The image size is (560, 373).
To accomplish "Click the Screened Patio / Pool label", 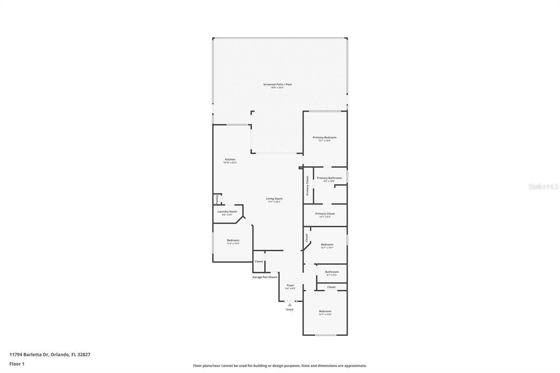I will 277,84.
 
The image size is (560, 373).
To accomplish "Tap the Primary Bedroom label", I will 324,137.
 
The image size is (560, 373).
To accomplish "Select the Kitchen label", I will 230,159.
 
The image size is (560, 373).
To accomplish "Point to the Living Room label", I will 274,199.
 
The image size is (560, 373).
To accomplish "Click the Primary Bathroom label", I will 329,178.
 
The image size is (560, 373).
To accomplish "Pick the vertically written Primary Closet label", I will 307,185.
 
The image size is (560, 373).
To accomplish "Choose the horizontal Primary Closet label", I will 325,213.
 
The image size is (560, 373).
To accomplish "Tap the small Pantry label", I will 217,199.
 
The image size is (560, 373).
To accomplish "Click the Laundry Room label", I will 227,211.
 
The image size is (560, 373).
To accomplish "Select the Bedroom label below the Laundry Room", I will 233,240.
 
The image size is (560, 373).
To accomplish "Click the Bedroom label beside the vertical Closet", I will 327,244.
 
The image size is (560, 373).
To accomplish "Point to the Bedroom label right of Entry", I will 325,311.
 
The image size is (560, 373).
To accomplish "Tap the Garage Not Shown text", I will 265,277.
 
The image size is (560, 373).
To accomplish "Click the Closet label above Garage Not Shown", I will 259,261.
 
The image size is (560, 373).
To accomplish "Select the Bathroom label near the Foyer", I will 332,272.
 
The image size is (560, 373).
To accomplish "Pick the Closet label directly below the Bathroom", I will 331,287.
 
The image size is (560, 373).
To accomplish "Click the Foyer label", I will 290,285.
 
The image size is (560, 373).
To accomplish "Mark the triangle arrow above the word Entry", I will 290,305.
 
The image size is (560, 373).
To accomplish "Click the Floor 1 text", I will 17,363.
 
